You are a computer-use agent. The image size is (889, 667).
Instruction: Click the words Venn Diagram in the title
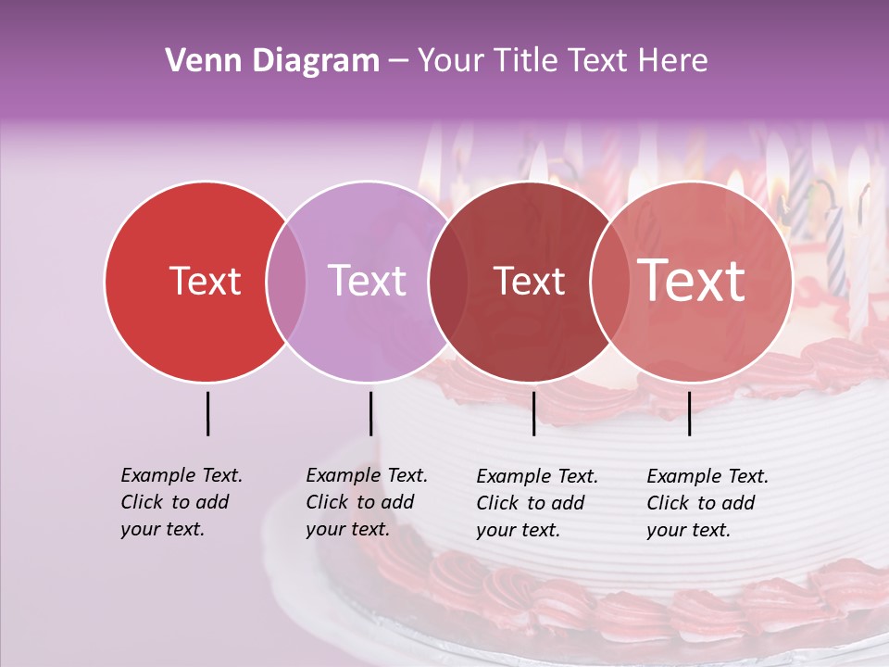272,61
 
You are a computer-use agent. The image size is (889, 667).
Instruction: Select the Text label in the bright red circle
205,281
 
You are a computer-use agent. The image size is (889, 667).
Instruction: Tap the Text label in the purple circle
367,281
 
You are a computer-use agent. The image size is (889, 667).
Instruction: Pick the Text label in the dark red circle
529,281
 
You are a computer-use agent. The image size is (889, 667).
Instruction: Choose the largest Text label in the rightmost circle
692,280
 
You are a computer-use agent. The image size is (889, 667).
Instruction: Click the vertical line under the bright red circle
207,413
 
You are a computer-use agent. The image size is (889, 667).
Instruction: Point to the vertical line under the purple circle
370,413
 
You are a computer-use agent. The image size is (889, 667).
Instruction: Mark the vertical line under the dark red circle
534,413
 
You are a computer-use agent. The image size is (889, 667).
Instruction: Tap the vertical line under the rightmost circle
689,413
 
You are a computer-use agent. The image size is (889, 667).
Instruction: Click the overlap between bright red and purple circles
286,281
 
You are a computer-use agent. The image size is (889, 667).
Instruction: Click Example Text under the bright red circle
182,475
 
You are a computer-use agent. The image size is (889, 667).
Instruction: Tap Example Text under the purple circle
367,475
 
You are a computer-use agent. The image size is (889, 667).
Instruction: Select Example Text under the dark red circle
537,476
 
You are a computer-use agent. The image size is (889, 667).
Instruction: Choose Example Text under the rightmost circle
707,476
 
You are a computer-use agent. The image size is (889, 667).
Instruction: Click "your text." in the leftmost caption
162,529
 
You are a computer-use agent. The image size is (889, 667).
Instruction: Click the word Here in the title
674,61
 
